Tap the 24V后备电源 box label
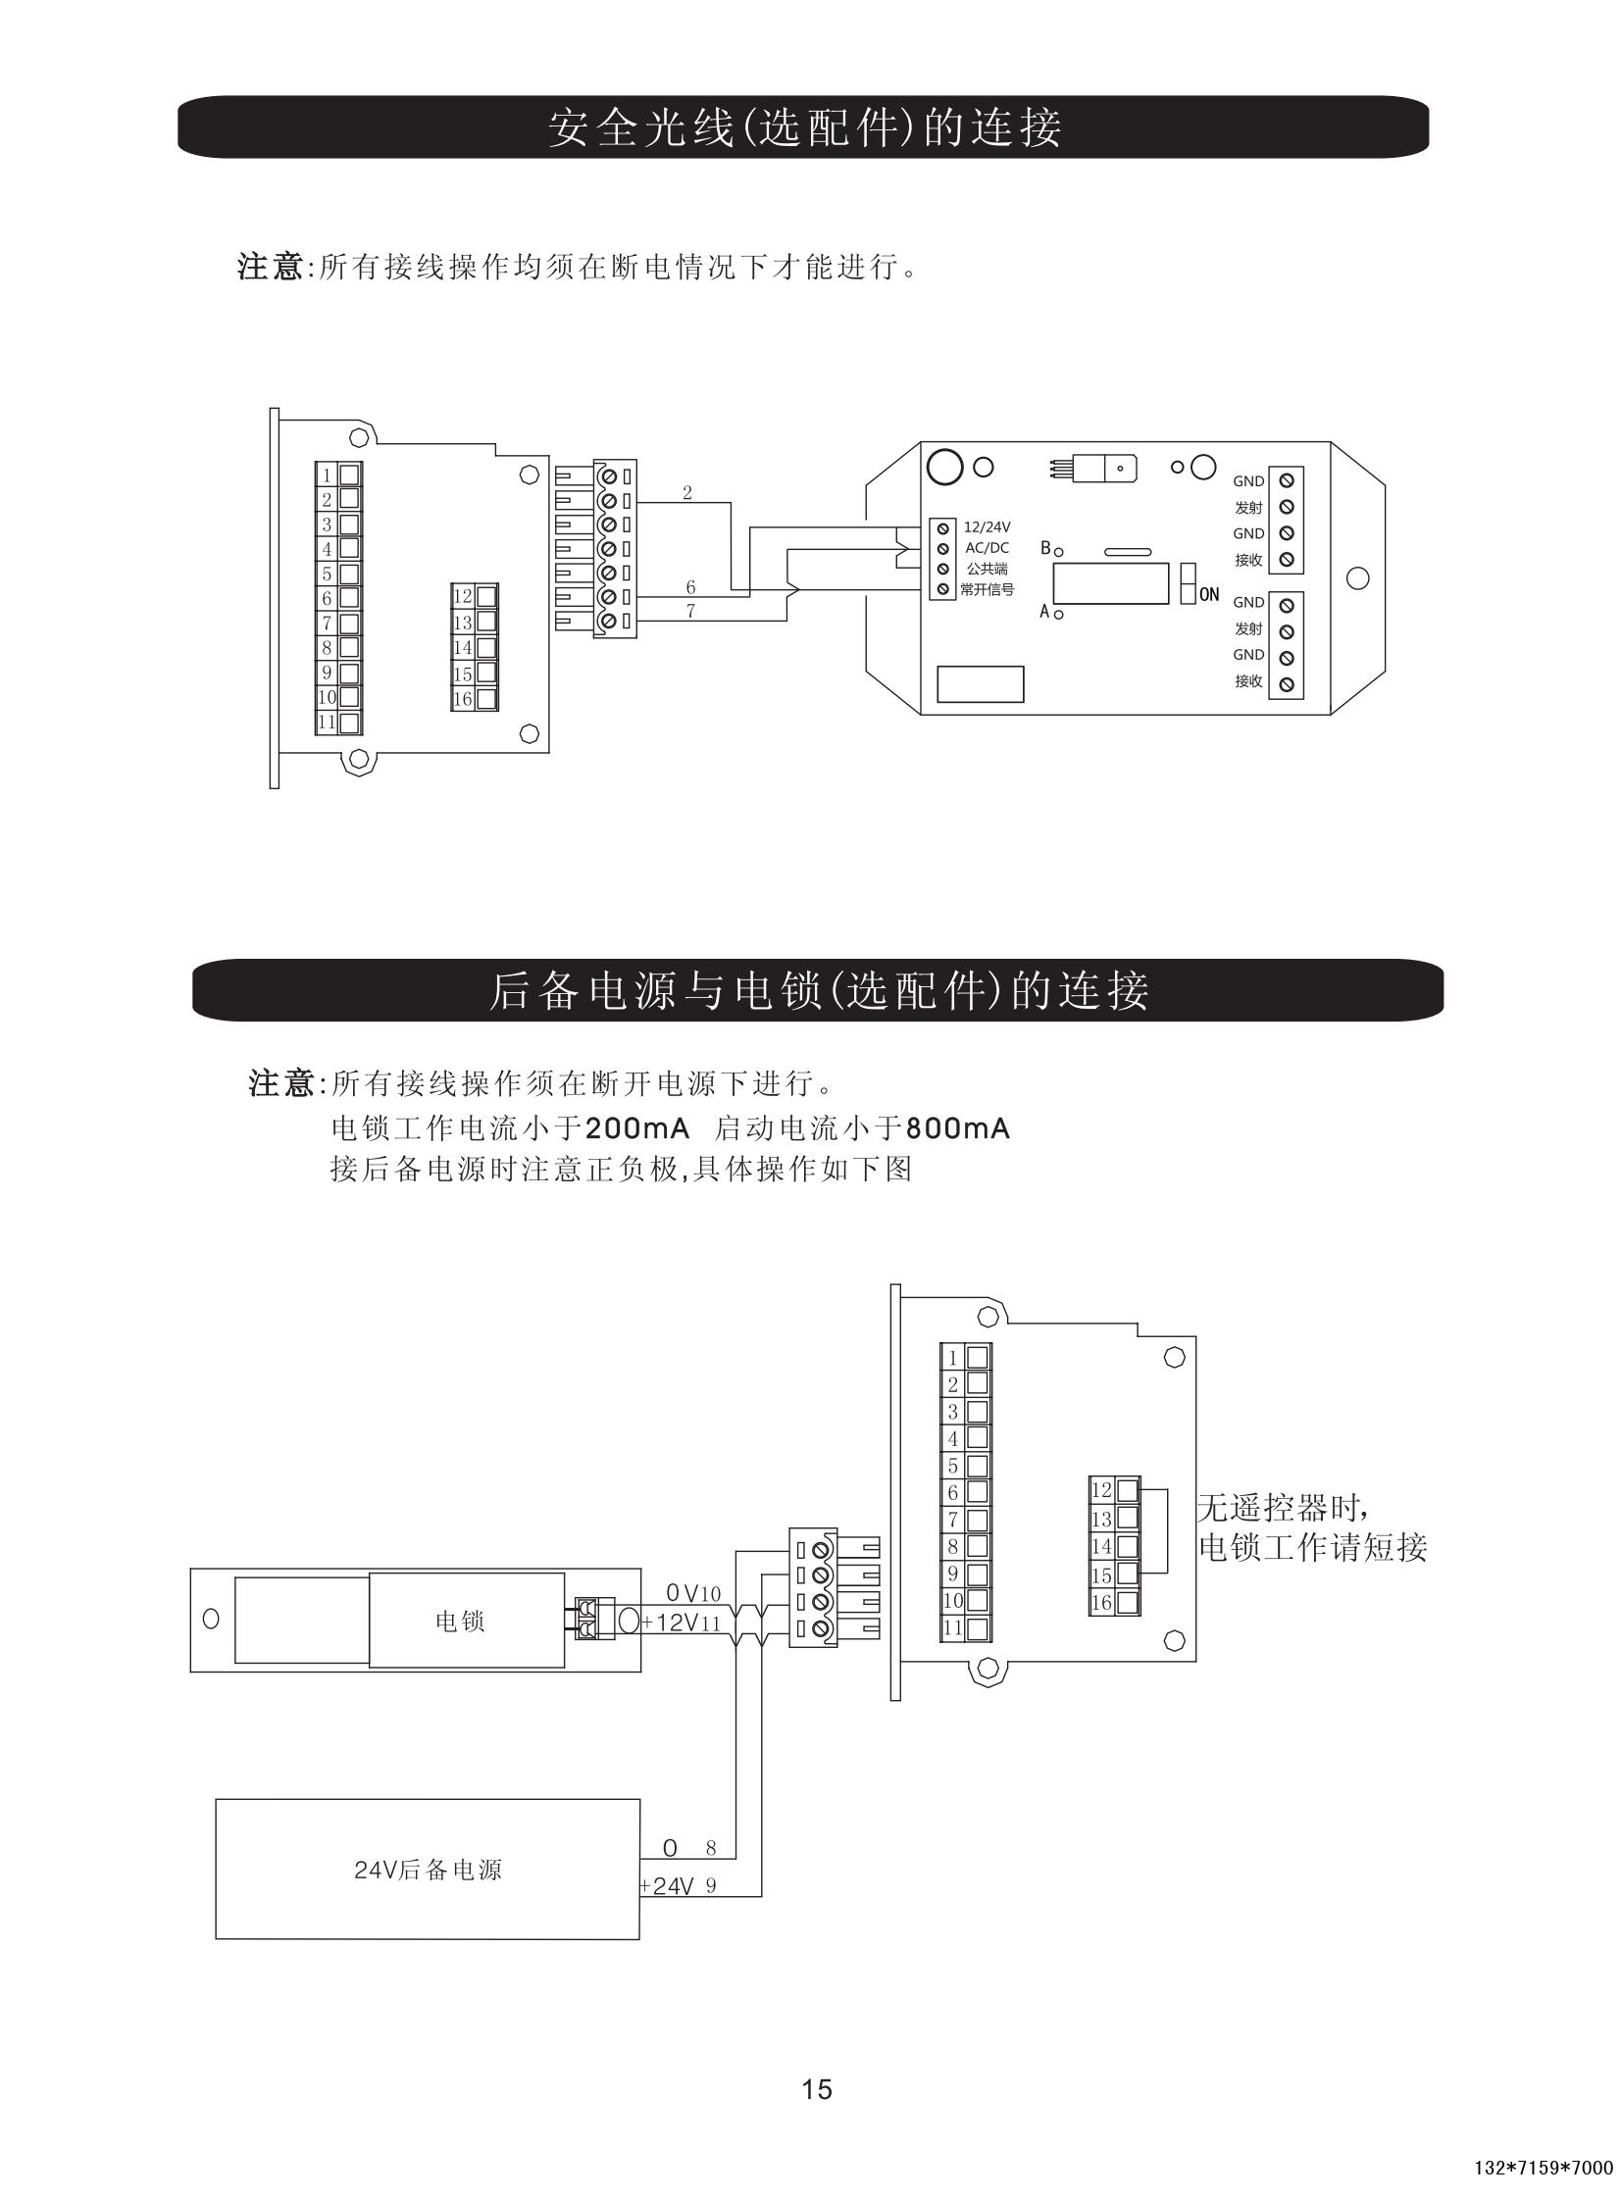click(x=428, y=1870)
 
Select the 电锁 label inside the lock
click(x=459, y=1622)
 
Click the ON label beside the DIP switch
click(x=1209, y=594)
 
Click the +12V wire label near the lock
click(x=670, y=1623)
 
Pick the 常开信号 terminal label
click(x=987, y=589)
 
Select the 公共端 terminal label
click(x=987, y=569)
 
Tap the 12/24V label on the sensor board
click(x=987, y=527)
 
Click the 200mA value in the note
click(x=637, y=1128)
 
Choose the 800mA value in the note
click(x=958, y=1128)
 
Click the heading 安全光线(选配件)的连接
click(x=803, y=127)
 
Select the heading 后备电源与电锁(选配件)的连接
click(x=818, y=990)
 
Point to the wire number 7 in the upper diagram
click(x=690, y=611)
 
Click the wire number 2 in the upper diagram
click(x=686, y=493)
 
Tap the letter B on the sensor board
click(x=1046, y=547)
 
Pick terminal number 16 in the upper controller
click(x=462, y=699)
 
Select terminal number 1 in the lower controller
click(x=952, y=1359)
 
